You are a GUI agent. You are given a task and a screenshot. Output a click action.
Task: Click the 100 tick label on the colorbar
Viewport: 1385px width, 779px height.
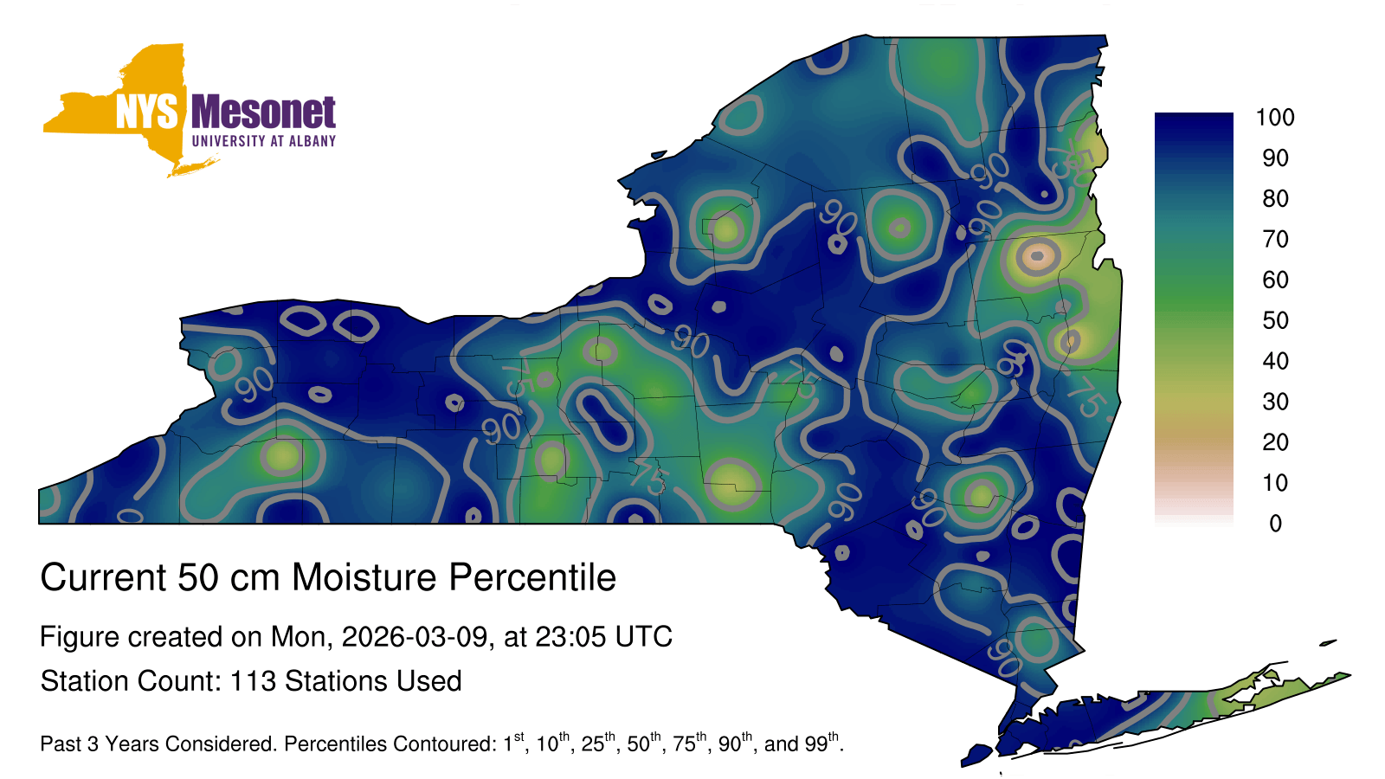click(x=1275, y=117)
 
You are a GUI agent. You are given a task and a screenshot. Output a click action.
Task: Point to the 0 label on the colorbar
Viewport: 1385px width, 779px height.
click(x=1275, y=523)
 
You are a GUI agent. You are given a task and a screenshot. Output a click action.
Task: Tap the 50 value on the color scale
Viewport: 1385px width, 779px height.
click(x=1275, y=320)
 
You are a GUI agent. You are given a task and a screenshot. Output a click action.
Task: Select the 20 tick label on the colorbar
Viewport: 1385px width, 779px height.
click(x=1275, y=442)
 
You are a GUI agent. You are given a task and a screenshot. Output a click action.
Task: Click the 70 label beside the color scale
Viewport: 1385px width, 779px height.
click(x=1275, y=239)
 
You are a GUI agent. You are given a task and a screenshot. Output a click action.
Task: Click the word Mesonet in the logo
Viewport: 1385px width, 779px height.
click(x=263, y=112)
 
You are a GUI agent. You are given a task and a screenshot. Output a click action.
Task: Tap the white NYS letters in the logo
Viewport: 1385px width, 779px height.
click(x=146, y=112)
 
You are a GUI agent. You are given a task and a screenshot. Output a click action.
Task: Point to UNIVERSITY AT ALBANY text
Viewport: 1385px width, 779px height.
click(x=264, y=141)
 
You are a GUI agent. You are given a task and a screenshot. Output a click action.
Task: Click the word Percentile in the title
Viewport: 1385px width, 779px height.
click(x=532, y=577)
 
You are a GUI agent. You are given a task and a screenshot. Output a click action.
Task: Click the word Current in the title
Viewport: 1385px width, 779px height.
click(x=104, y=577)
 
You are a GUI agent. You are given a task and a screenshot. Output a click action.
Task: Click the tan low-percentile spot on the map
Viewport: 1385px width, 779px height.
click(x=1037, y=255)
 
